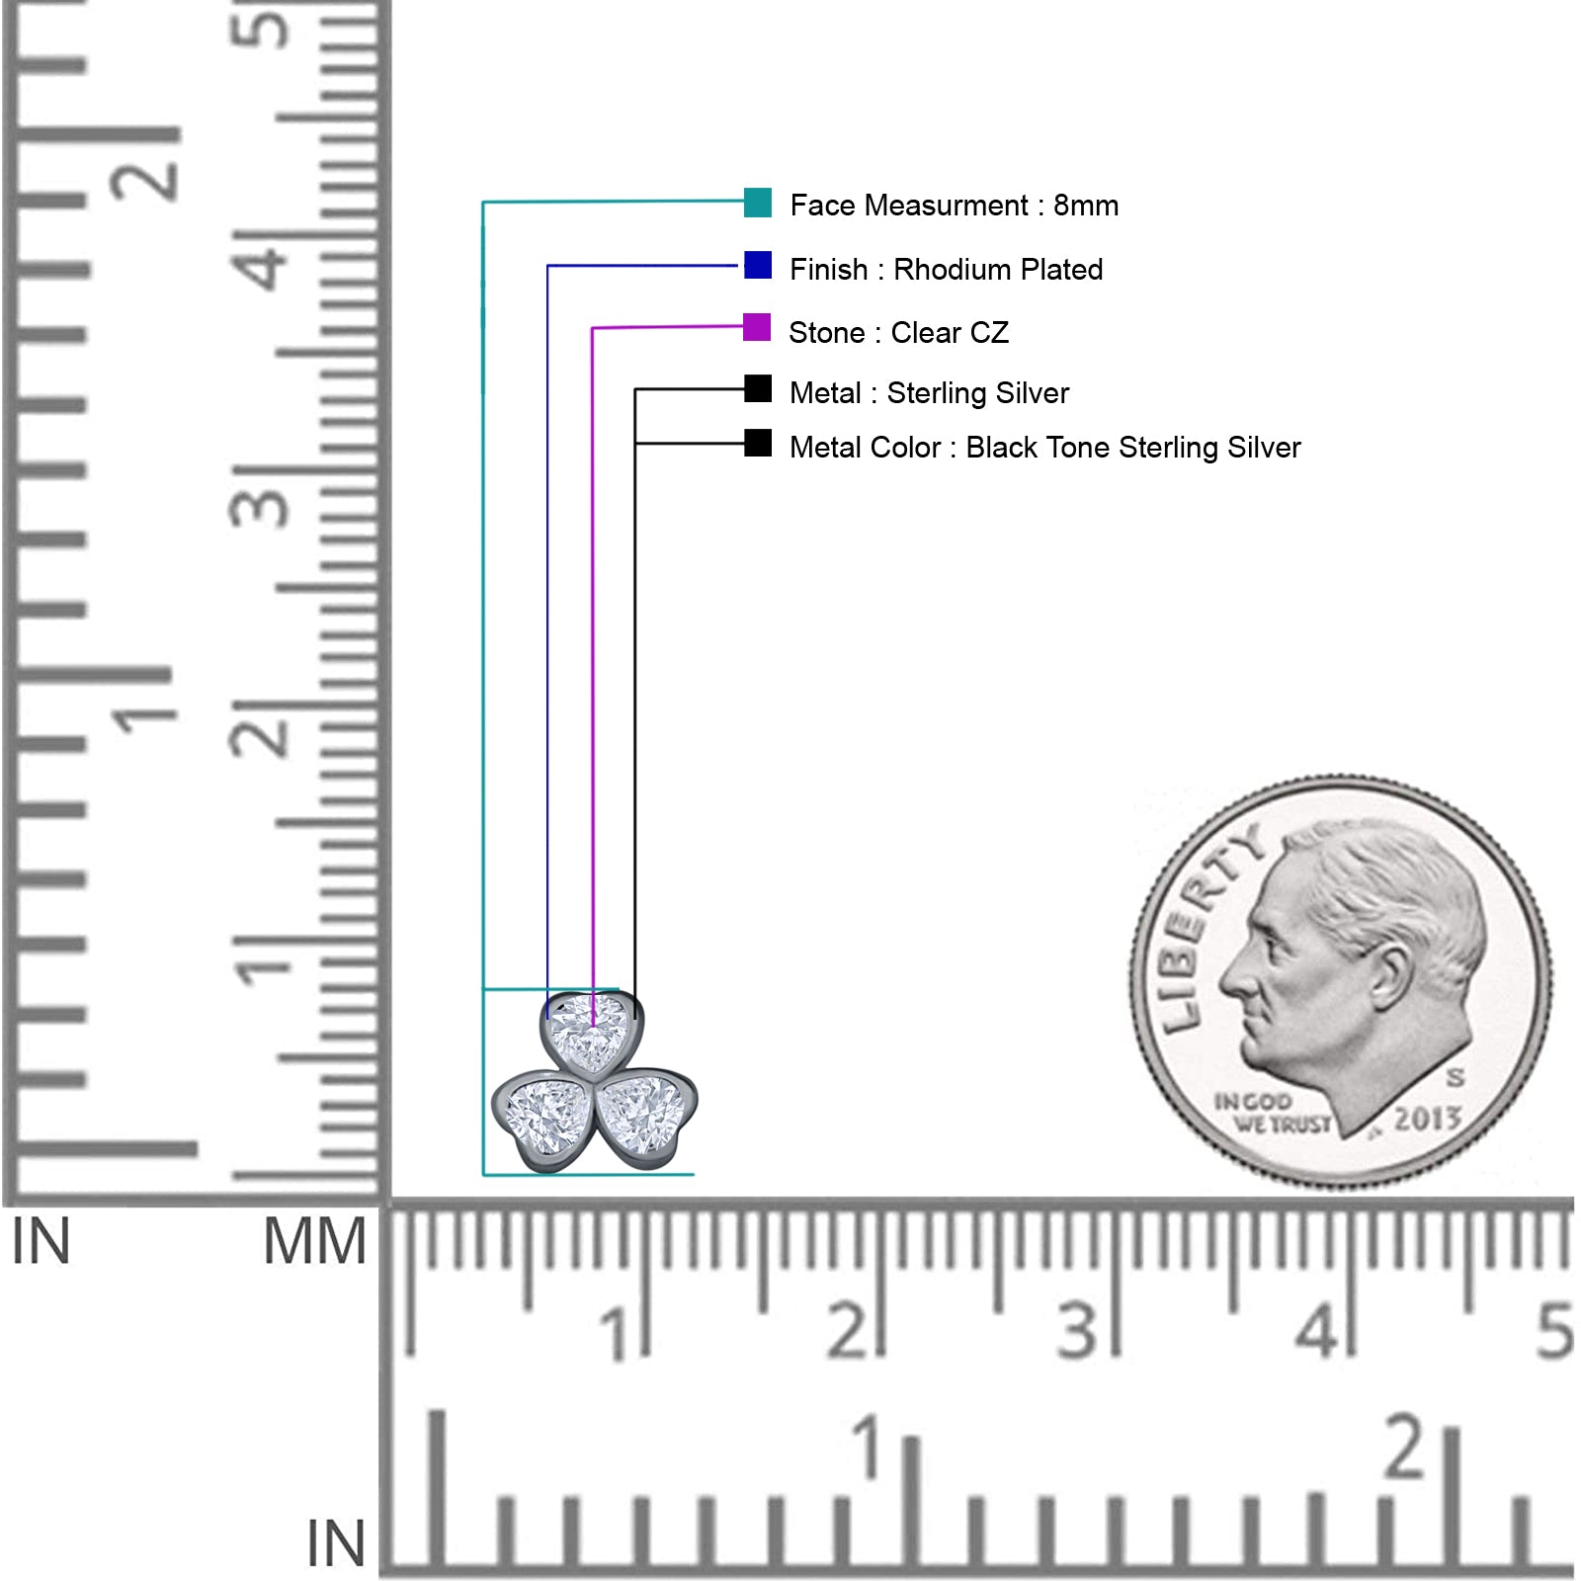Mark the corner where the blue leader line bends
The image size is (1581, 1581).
pyautogui.click(x=547, y=266)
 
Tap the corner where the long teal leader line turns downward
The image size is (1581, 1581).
pyautogui.click(x=483, y=203)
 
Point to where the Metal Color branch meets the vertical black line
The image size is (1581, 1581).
pyautogui.click(x=634, y=444)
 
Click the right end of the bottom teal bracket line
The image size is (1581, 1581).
pyautogui.click(x=694, y=1175)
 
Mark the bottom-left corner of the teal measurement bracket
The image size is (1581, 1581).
pyautogui.click(x=483, y=1175)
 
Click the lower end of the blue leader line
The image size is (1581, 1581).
pyautogui.click(x=547, y=1018)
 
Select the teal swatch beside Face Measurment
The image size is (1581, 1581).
pyautogui.click(x=758, y=203)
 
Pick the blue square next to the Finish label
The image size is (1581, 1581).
pyautogui.click(x=758, y=265)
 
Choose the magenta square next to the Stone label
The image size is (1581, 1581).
pyautogui.click(x=757, y=327)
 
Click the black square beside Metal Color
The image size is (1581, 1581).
pyautogui.click(x=758, y=443)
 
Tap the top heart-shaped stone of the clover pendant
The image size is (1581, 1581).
pyautogui.click(x=591, y=1032)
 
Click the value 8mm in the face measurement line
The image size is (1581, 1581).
pyautogui.click(x=1086, y=206)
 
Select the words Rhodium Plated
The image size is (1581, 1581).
pyautogui.click(x=998, y=269)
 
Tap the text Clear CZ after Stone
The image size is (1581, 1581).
pyautogui.click(x=950, y=332)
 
